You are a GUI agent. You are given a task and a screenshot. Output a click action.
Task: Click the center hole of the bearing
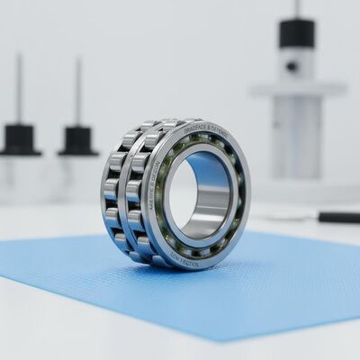tap(184, 194)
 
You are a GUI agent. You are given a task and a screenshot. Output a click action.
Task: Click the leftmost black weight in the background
tap(20, 140)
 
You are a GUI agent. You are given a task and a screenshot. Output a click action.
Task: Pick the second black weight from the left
tap(78, 140)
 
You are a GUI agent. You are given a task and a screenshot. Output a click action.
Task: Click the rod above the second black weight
tap(77, 90)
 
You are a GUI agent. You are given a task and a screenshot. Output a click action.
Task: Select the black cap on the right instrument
tap(297, 34)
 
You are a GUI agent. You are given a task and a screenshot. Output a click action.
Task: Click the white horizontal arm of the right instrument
tap(298, 89)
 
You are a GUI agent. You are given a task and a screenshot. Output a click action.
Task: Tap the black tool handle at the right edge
tap(338, 217)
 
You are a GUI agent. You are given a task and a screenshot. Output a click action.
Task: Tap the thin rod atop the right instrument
tap(297, 9)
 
